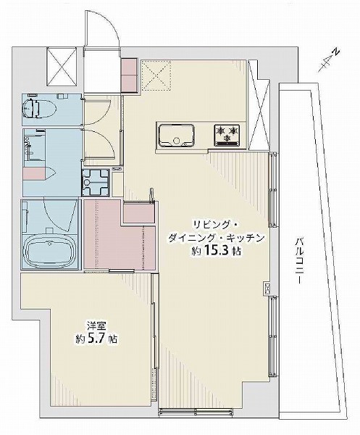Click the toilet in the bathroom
(x=36, y=109)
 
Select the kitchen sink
(x=175, y=135)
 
